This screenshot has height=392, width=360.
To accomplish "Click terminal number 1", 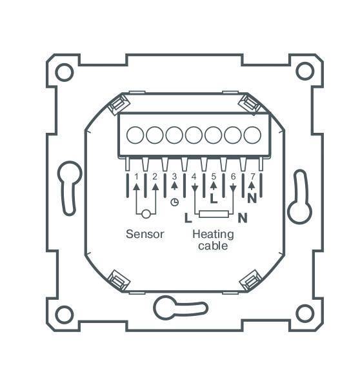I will click(136, 176).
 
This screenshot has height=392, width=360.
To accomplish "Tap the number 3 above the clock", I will click(174, 176).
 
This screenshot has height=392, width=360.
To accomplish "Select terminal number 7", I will click(252, 176).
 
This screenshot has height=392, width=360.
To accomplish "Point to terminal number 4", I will click(194, 176).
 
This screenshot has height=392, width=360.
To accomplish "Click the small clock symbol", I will click(174, 202).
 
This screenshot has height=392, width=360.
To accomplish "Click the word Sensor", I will click(145, 234).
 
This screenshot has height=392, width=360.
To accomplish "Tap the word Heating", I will click(212, 234).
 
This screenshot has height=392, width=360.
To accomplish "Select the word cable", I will click(212, 246).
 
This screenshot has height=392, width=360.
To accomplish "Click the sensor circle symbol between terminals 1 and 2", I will click(146, 214).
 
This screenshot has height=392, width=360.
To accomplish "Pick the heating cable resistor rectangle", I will click(214, 215).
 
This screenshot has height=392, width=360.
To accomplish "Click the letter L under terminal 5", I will click(214, 200).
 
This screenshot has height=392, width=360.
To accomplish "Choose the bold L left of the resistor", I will click(188, 218).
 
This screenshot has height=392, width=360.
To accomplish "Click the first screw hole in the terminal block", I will click(135, 135).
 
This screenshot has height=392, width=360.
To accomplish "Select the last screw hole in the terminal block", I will click(252, 135).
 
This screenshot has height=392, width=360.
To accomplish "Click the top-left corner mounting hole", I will click(64, 72).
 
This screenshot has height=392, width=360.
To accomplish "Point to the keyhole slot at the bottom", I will click(171, 308).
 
